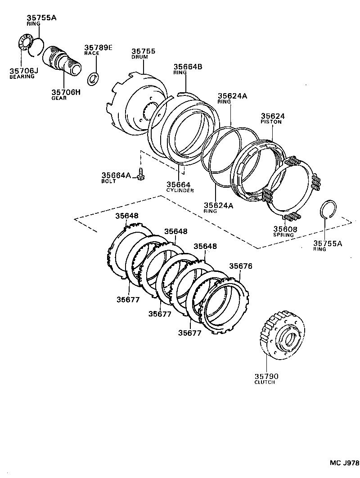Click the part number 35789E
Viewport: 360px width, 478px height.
99,47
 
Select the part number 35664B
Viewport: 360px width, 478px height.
188,67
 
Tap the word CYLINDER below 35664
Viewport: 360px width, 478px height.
180,190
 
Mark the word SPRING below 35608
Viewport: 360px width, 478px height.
283,235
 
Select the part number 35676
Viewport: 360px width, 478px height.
241,266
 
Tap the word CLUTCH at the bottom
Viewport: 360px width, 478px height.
265,382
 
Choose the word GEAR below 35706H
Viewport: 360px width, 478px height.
59,98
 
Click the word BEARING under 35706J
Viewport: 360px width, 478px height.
22,77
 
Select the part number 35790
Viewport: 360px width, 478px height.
267,376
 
